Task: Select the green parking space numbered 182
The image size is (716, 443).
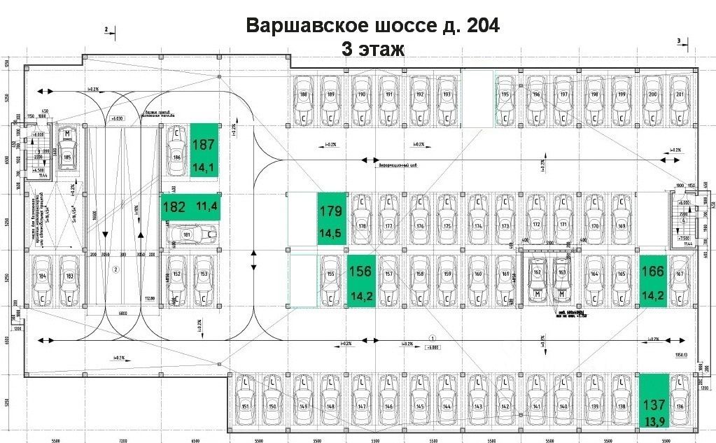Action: coord(190,206)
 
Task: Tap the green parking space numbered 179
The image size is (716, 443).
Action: coord(331,218)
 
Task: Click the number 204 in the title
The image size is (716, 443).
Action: coord(479,26)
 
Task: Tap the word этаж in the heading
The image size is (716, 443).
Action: coord(381,49)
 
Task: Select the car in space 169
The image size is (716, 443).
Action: coord(621,218)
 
